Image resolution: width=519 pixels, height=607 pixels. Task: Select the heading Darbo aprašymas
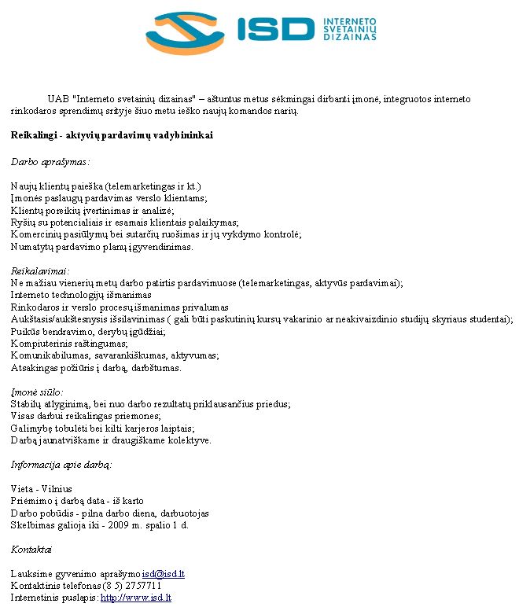pos(50,162)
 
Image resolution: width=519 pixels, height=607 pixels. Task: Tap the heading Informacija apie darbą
pos(61,465)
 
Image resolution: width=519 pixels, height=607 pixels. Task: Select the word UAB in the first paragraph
pos(57,99)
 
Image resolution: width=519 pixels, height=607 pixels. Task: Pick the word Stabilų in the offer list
pos(26,404)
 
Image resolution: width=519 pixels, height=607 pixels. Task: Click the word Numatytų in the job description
pos(32,246)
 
